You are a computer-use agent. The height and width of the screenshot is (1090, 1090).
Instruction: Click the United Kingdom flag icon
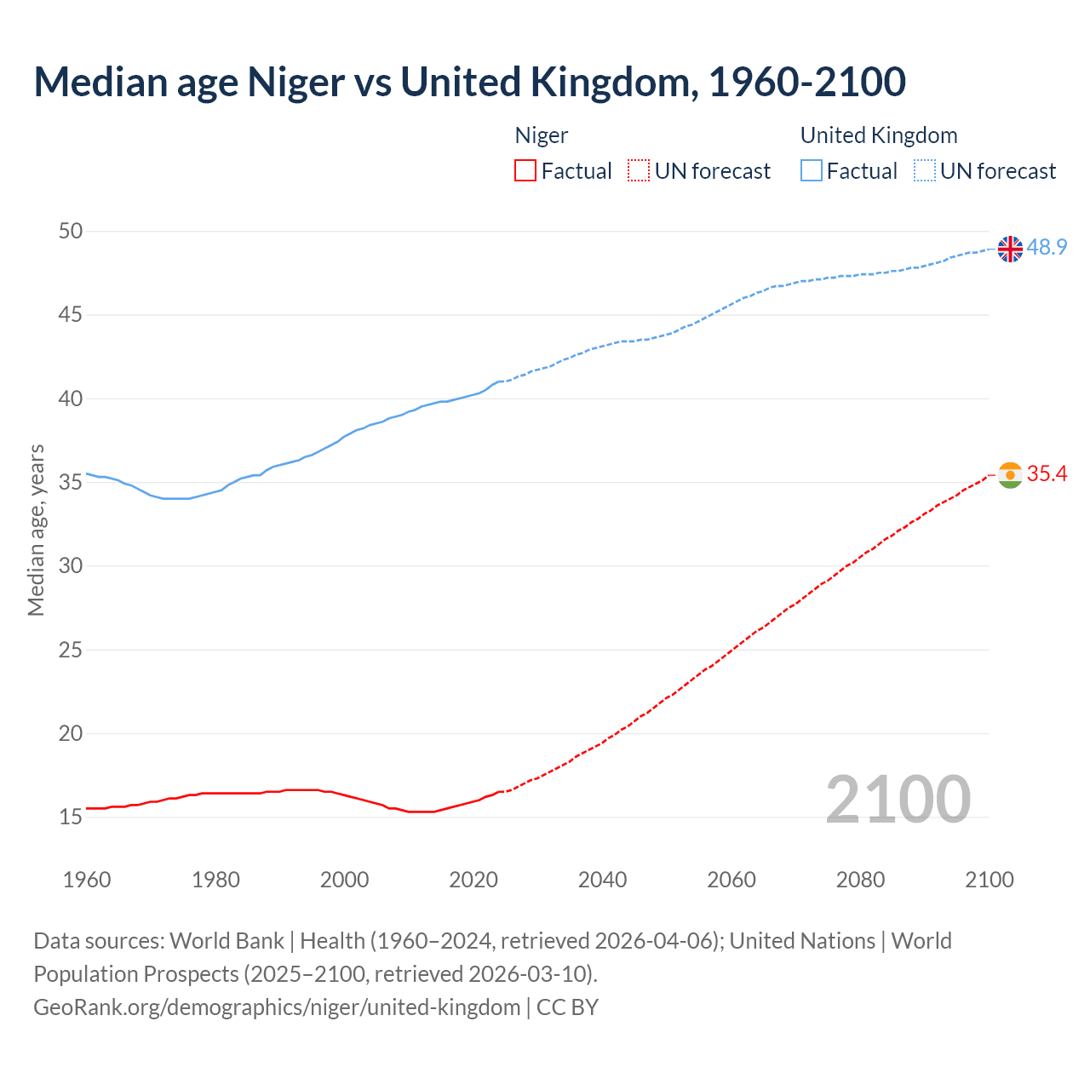click(1010, 249)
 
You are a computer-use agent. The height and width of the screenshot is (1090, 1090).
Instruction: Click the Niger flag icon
click(1010, 475)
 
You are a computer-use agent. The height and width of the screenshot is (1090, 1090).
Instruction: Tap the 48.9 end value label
click(1047, 247)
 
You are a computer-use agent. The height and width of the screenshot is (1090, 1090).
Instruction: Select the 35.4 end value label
click(1047, 473)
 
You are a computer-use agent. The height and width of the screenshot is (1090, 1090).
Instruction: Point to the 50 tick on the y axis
click(71, 232)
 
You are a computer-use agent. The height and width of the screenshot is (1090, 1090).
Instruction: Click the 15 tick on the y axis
click(71, 817)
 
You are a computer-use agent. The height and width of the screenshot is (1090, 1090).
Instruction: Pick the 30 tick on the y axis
click(71, 566)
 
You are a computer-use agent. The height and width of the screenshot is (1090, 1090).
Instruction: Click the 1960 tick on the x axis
click(87, 880)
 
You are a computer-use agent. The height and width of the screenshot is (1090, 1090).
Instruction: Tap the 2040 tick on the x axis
click(602, 880)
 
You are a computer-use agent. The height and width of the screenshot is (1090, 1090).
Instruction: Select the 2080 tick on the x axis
click(860, 880)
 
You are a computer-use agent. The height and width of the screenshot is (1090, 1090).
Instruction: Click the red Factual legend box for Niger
click(525, 171)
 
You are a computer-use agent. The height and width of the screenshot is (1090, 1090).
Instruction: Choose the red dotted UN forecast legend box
click(639, 171)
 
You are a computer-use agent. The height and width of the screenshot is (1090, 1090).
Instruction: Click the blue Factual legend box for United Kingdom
click(811, 171)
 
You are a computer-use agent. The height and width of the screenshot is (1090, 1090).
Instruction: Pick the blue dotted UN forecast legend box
click(924, 171)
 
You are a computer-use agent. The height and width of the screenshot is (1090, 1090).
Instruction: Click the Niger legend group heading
click(542, 135)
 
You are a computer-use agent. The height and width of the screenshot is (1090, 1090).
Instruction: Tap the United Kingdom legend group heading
click(879, 135)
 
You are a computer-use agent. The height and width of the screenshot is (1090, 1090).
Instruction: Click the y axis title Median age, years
click(36, 530)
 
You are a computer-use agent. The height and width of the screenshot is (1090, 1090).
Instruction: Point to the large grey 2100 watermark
click(898, 799)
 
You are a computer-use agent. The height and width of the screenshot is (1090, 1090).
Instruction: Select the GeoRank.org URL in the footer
click(277, 1007)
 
